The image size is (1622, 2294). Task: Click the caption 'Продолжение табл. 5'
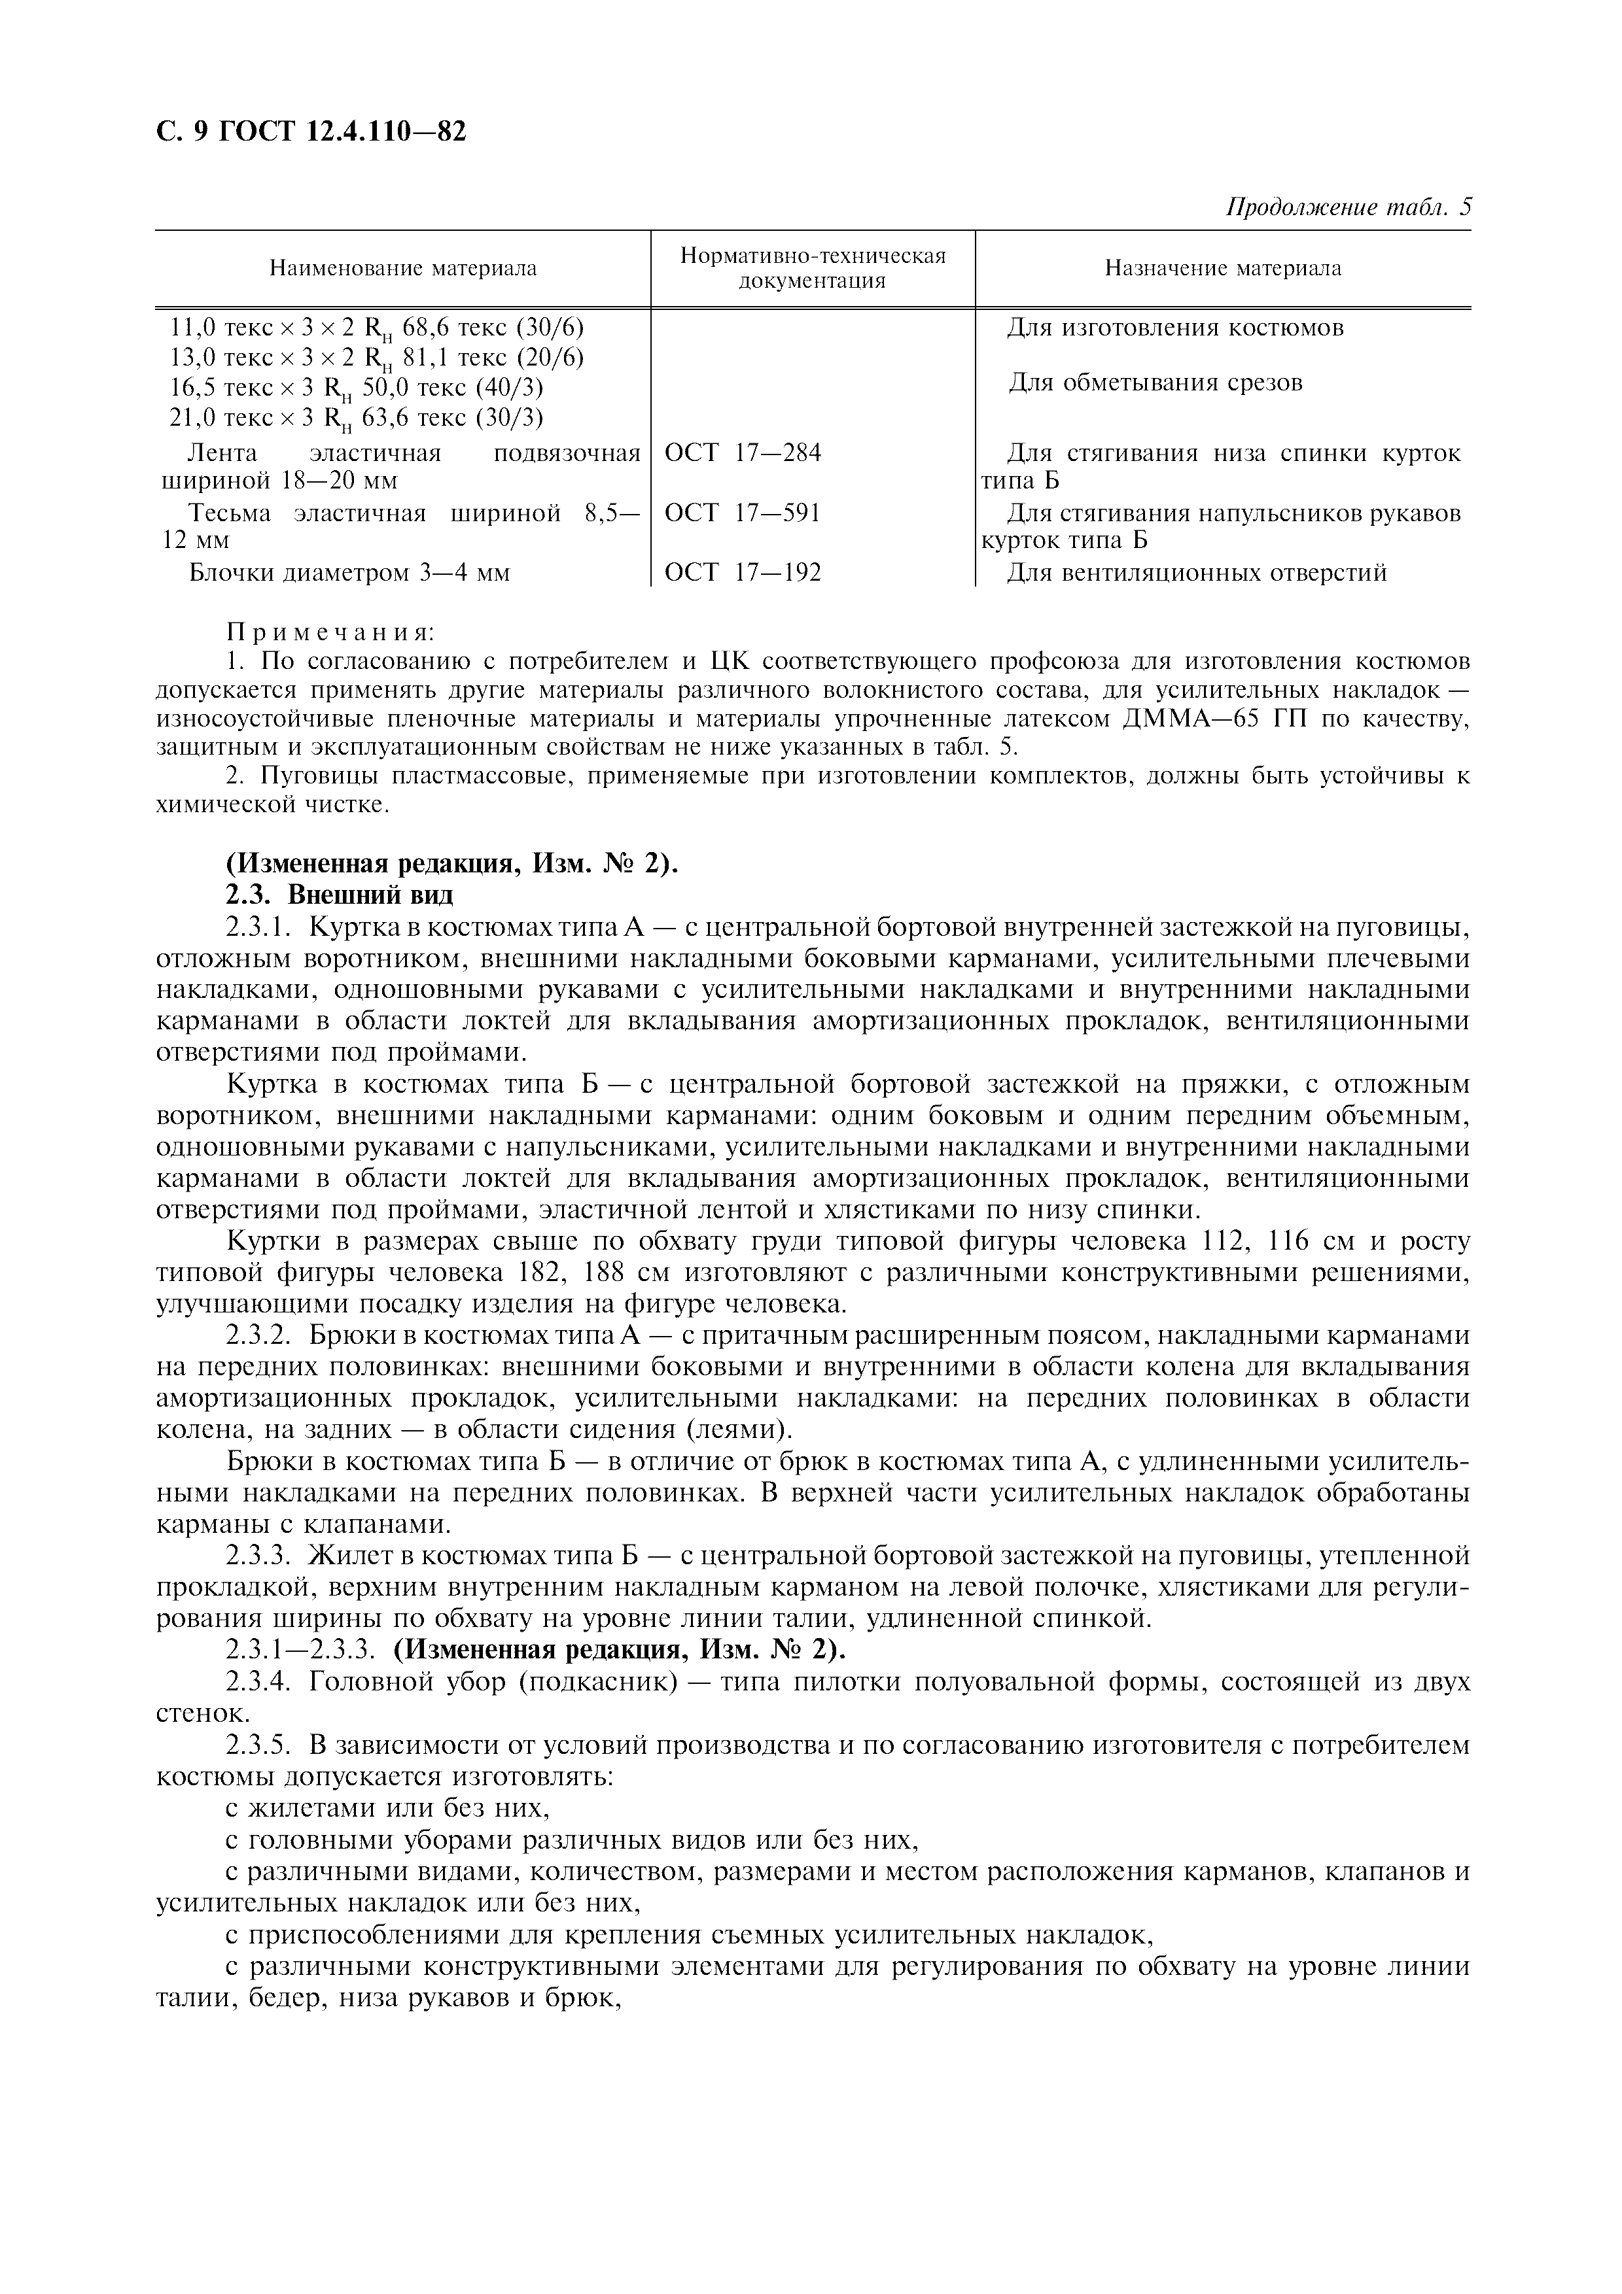click(1348, 208)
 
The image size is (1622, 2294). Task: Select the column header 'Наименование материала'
click(403, 269)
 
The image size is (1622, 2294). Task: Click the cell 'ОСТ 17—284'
click(743, 454)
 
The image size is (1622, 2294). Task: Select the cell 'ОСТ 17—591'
click(743, 513)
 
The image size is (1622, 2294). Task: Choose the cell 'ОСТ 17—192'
click(743, 572)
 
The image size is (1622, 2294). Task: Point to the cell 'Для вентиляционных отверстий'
click(1196, 573)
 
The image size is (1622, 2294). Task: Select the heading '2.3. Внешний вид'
click(340, 894)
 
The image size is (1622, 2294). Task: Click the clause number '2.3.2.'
click(258, 1336)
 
